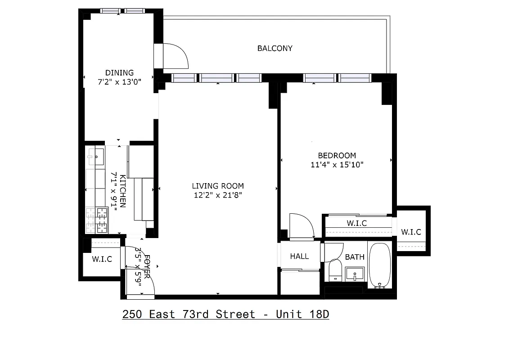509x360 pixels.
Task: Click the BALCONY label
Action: click(x=275, y=48)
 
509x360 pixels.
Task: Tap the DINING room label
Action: click(x=119, y=72)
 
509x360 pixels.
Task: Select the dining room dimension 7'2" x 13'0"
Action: click(x=119, y=82)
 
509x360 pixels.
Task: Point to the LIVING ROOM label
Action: click(x=218, y=186)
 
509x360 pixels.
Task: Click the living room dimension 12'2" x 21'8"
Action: click(x=218, y=195)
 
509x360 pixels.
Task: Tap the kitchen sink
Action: click(x=96, y=157)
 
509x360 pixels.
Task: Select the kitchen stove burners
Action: click(x=97, y=220)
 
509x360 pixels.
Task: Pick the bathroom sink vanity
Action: click(x=356, y=274)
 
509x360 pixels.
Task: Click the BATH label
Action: click(x=355, y=257)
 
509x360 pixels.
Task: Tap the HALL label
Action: click(x=299, y=256)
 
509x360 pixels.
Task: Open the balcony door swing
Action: click(x=173, y=55)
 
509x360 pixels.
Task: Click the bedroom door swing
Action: click(x=301, y=225)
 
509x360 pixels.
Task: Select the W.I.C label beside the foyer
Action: click(x=102, y=259)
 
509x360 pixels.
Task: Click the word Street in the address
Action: click(x=235, y=314)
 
